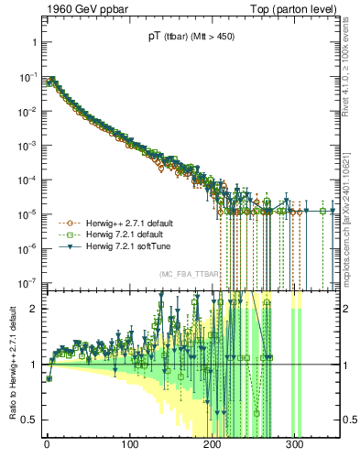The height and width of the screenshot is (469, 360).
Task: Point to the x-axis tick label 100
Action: click(x=129, y=444)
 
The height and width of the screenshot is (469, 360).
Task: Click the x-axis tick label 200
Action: click(x=213, y=444)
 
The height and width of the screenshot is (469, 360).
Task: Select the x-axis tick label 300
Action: click(x=295, y=444)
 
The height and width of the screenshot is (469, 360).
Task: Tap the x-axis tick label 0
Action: click(x=47, y=444)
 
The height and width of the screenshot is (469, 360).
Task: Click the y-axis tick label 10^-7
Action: click(x=26, y=283)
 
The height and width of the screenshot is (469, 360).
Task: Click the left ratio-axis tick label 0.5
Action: click(x=28, y=420)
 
